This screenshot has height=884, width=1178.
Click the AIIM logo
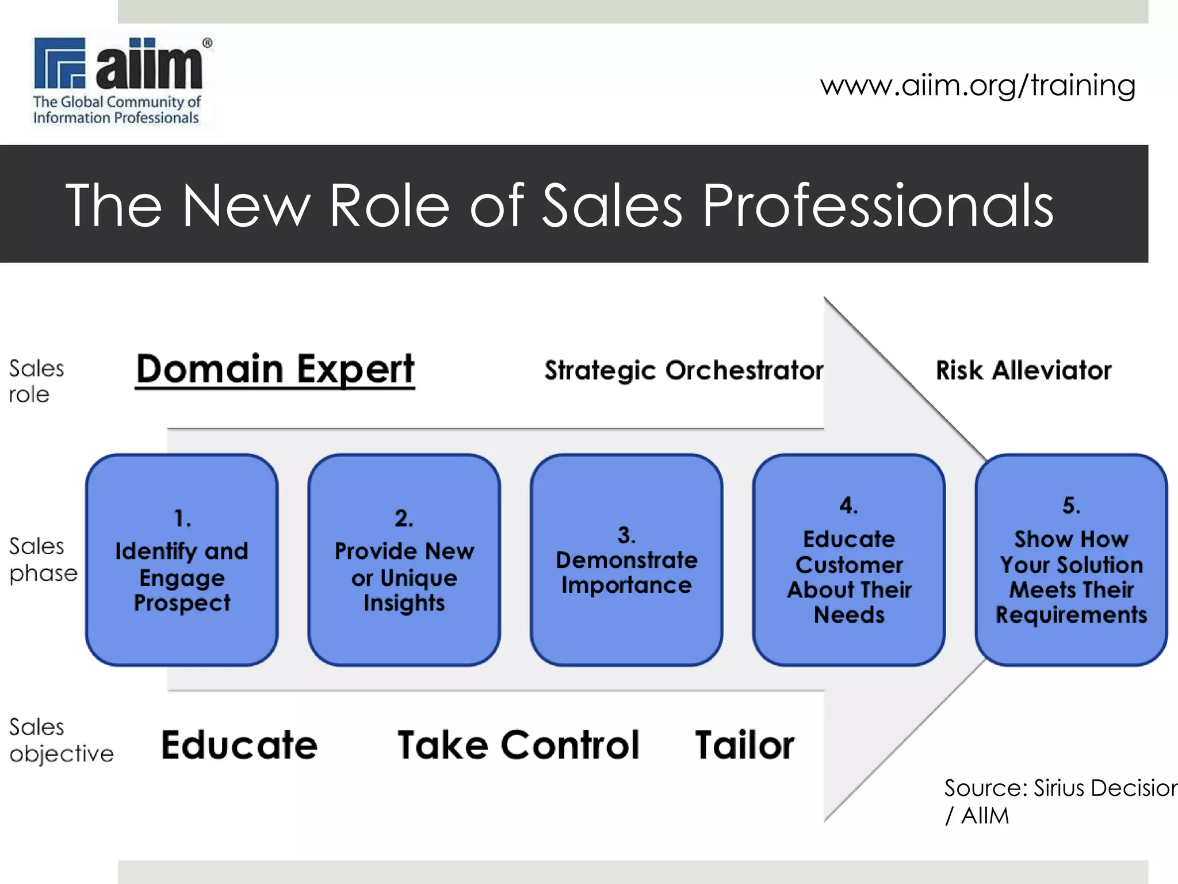(x=121, y=81)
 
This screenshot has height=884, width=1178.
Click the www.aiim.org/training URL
(x=977, y=85)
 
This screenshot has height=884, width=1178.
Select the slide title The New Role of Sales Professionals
(x=559, y=205)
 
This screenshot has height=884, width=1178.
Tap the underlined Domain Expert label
(x=275, y=369)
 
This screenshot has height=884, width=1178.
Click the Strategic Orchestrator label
(x=684, y=371)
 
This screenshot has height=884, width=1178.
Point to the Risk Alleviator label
(x=1023, y=371)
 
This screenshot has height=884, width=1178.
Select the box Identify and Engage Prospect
(x=182, y=559)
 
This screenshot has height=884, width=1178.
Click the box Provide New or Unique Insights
(x=404, y=559)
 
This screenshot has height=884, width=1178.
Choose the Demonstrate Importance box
(x=626, y=559)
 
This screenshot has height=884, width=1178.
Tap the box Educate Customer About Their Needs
(x=849, y=559)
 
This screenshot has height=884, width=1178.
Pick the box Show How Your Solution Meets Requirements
(x=1071, y=559)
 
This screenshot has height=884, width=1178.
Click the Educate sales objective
(x=239, y=745)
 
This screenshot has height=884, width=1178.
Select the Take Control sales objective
(x=518, y=745)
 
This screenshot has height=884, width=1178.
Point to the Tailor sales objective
(x=744, y=745)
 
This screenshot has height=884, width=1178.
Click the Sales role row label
(x=36, y=382)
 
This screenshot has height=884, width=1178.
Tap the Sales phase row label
(x=43, y=559)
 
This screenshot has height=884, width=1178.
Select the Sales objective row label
(x=60, y=740)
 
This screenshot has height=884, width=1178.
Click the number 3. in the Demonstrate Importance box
(x=626, y=535)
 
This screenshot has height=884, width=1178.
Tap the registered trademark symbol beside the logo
(x=207, y=43)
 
